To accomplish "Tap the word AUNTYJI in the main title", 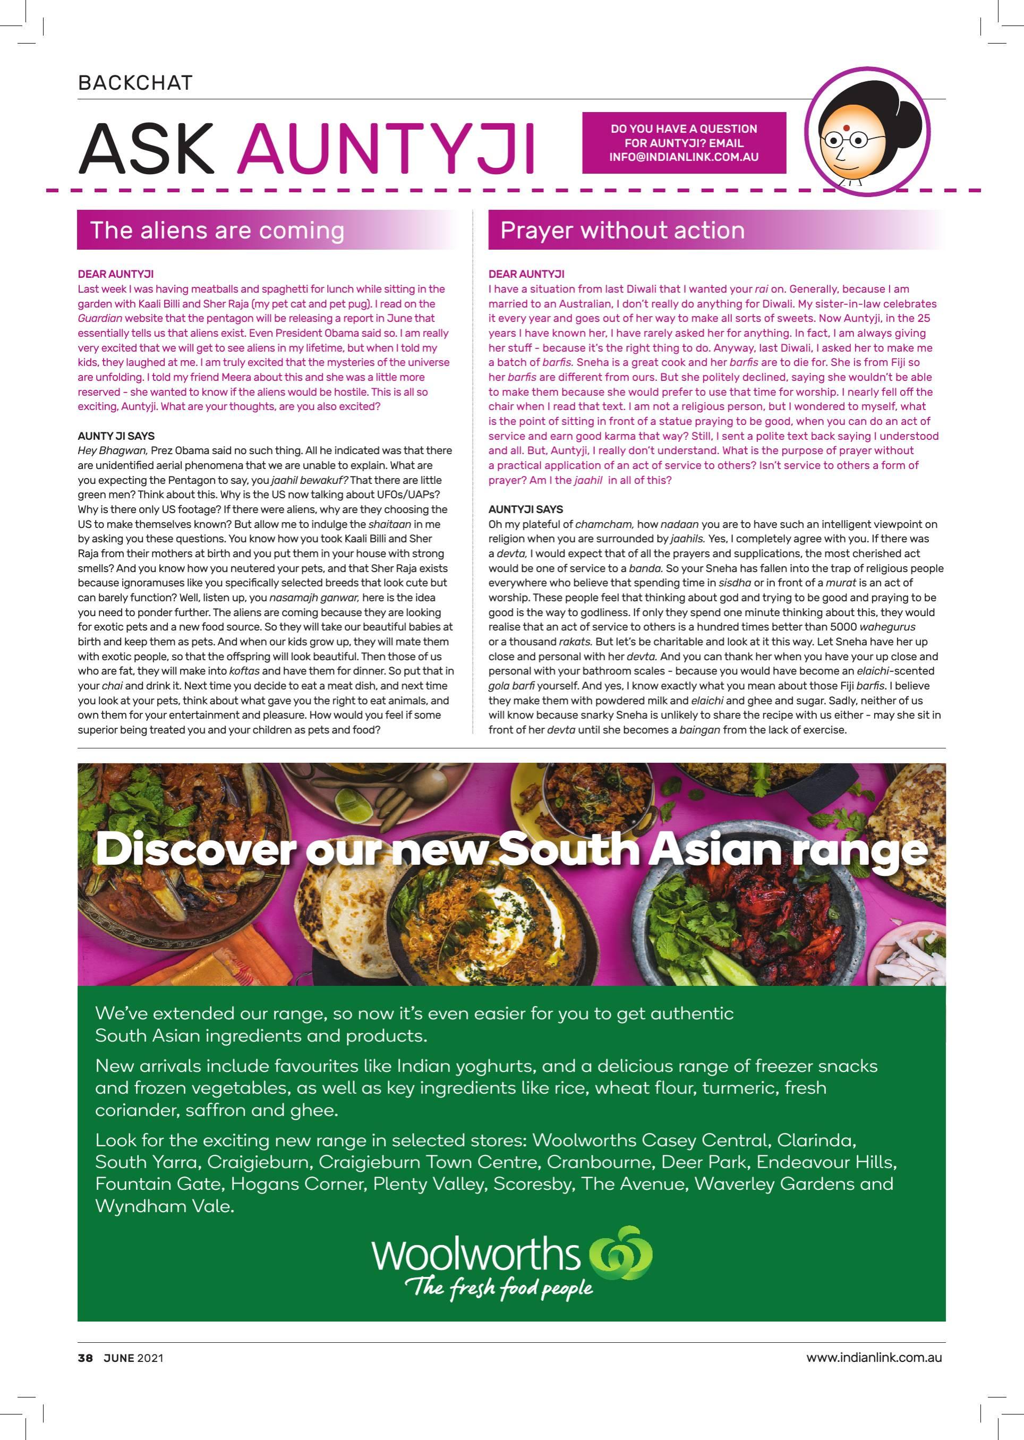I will [x=387, y=149].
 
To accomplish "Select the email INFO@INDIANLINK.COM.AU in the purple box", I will [x=684, y=157].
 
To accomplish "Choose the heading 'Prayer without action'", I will [x=622, y=230].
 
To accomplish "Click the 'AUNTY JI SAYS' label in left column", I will [x=116, y=436].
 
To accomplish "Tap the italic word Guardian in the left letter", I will [x=100, y=318].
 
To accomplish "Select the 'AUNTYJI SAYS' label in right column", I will [x=526, y=509].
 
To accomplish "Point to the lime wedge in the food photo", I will [x=346, y=803].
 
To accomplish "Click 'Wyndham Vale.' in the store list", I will [x=165, y=1207].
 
